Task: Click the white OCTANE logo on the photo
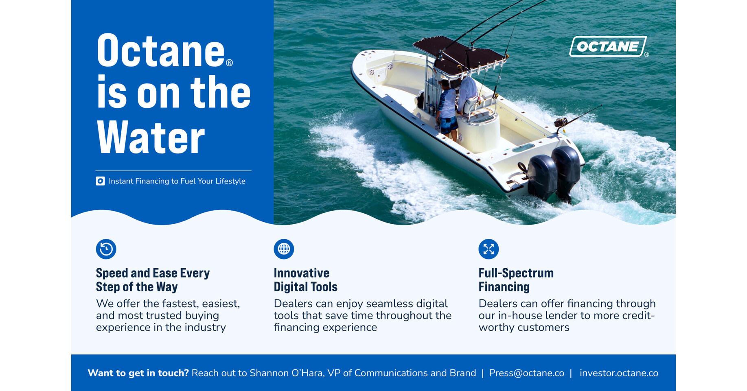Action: pyautogui.click(x=608, y=47)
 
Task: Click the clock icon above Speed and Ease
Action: pyautogui.click(x=106, y=249)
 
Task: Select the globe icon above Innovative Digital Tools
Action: pyautogui.click(x=284, y=249)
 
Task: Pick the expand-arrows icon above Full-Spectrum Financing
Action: pyautogui.click(x=489, y=249)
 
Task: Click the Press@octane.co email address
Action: pyautogui.click(x=526, y=373)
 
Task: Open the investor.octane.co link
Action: pyautogui.click(x=619, y=373)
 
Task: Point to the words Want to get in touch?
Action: pyautogui.click(x=138, y=373)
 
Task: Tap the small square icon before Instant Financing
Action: pyautogui.click(x=100, y=181)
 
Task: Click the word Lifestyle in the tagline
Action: pyautogui.click(x=230, y=181)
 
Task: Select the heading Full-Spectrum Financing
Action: pyautogui.click(x=516, y=280)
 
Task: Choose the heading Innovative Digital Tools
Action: pyautogui.click(x=305, y=280)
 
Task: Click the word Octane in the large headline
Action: pyautogui.click(x=161, y=51)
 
